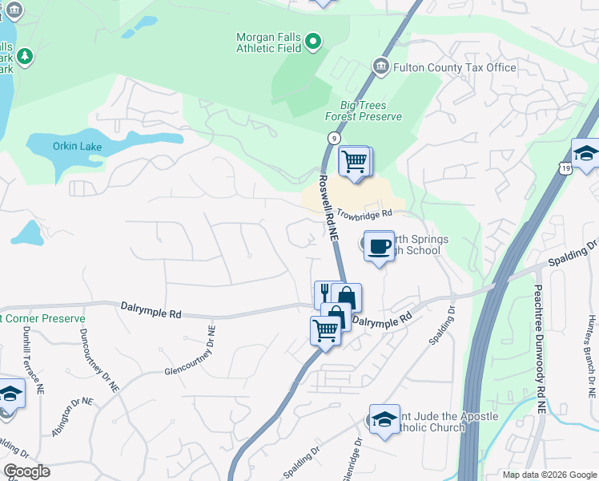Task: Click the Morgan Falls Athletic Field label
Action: coord(269,42)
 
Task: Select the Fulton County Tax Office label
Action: coord(454,67)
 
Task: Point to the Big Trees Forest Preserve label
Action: coord(363,111)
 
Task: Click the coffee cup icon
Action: coord(379,244)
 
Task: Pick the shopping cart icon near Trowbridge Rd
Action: coord(353,161)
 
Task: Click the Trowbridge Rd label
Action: coord(364,214)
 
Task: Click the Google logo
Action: coord(26,471)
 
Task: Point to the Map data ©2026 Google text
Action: coord(549,475)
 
